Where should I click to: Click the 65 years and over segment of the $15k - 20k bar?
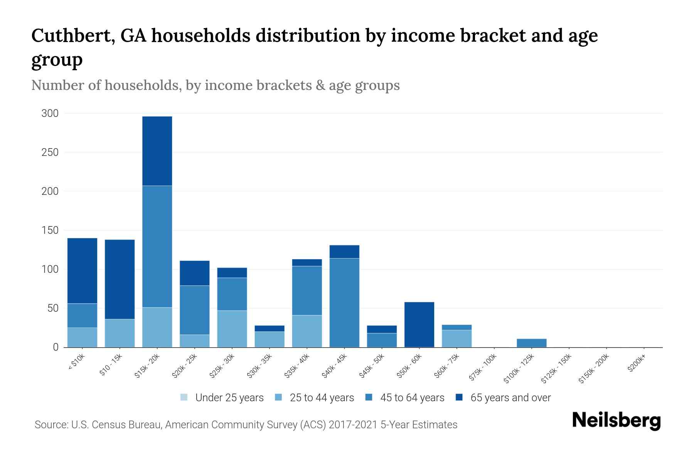(x=157, y=151)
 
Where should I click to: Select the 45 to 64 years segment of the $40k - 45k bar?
(x=344, y=302)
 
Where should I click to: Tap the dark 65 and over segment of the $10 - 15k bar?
(x=120, y=279)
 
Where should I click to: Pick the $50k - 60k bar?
(x=419, y=324)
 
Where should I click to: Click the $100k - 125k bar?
(x=531, y=343)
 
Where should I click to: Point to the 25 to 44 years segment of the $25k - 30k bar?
(x=232, y=329)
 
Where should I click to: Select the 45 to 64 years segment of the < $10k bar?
(x=82, y=316)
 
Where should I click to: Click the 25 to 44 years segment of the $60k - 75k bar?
(x=456, y=338)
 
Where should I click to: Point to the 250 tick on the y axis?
(x=50, y=152)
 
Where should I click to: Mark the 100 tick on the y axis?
(x=50, y=269)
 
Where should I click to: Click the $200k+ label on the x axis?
(x=636, y=364)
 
